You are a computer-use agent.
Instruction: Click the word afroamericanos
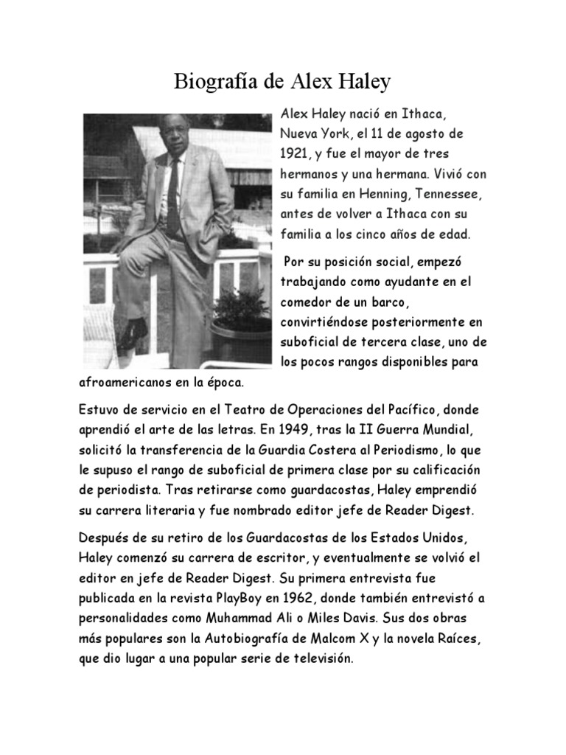click(122, 383)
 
